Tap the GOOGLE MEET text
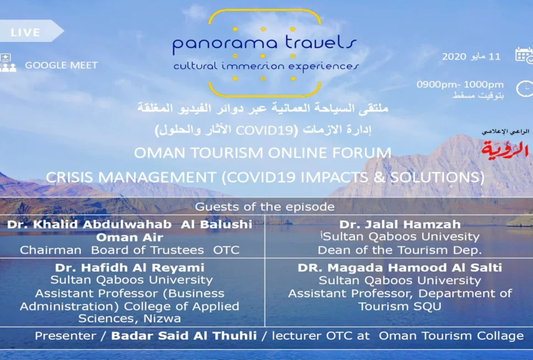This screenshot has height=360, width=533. click(61, 65)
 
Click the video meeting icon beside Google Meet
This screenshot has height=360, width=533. click(8, 63)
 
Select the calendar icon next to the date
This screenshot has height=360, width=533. click(524, 55)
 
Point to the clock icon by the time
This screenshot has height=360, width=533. click(525, 88)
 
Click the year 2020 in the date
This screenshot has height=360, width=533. click(454, 57)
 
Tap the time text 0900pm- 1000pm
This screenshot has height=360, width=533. click(460, 84)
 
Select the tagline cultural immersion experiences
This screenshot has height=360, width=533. click(266, 66)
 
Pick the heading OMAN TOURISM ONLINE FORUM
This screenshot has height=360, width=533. click(263, 153)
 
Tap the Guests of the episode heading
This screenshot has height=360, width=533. click(265, 207)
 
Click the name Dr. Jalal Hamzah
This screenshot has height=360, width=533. click(400, 224)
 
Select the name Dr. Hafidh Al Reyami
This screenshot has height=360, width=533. click(130, 268)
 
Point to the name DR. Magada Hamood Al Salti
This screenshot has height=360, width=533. click(400, 268)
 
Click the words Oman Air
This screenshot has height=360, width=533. click(130, 237)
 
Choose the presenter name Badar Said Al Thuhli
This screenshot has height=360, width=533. click(184, 336)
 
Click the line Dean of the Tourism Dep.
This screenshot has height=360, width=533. click(400, 250)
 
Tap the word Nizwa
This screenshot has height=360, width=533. click(162, 319)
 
